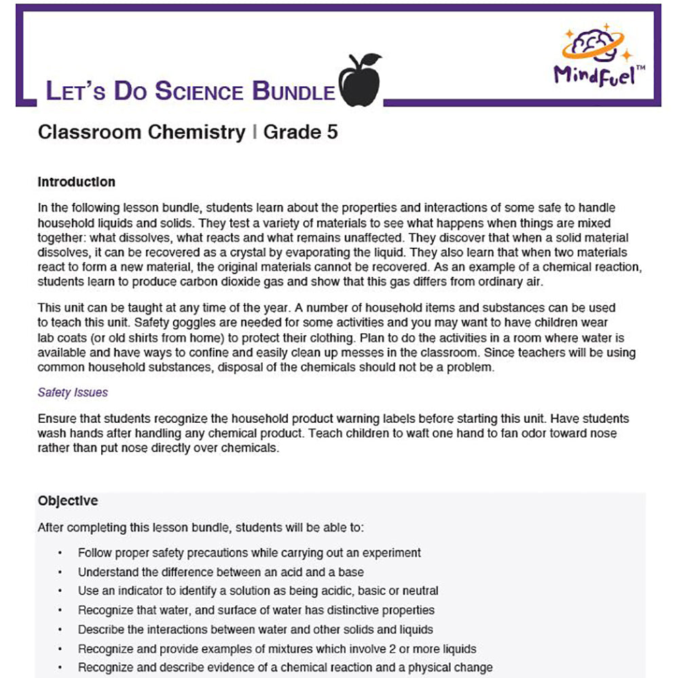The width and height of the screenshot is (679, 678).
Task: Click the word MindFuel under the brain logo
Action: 594,75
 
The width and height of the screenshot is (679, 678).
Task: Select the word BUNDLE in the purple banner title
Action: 293,92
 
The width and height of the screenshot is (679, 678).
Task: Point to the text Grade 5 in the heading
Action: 300,132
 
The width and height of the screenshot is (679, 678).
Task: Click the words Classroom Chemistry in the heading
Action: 141,132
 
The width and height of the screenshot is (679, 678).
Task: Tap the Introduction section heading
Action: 77,182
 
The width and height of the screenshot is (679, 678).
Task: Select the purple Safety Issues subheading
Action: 73,392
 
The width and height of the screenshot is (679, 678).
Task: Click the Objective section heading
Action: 68,501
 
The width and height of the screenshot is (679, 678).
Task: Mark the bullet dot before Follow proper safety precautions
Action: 60,553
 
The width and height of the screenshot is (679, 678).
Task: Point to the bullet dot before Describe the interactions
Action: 60,629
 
